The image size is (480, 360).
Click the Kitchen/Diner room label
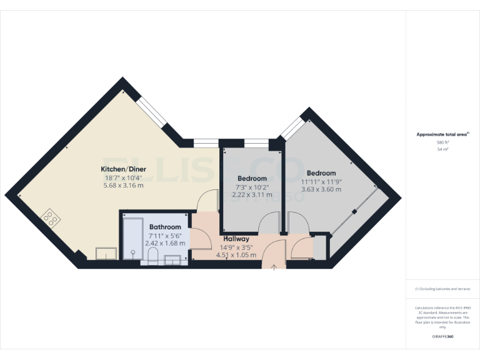pos(122,169)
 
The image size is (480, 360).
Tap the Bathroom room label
pos(165,227)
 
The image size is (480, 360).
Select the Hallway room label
pos(236,239)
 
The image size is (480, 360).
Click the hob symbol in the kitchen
pos(50,219)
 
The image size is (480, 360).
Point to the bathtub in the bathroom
pos(132,238)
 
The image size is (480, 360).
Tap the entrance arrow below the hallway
pos(273,267)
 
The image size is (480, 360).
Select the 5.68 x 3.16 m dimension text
pos(122,186)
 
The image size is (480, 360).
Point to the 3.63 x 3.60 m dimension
pos(321,189)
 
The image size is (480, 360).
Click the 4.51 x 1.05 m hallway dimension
pos(236,254)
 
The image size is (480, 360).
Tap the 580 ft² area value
pos(443,142)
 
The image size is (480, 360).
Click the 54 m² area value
pos(443,150)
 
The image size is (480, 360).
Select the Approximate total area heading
pos(442,134)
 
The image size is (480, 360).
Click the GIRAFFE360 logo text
pos(443,337)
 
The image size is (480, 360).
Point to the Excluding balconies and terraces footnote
pos(443,289)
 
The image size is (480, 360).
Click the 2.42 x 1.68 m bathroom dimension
pos(165,243)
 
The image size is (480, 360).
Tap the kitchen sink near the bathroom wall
pos(106,253)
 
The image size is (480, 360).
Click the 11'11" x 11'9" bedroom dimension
pos(321,181)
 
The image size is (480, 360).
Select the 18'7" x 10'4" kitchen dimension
pos(122,177)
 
